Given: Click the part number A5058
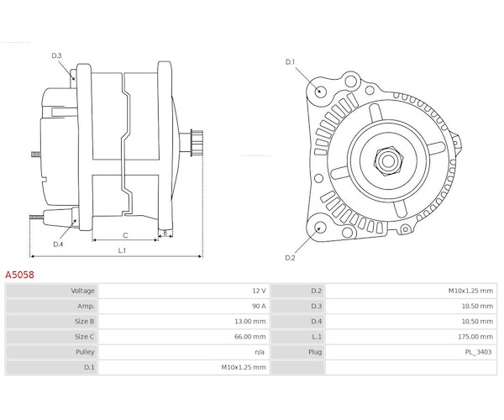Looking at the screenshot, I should point(20,275).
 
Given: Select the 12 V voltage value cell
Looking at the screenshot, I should point(258,291).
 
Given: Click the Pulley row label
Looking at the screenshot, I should point(83,351).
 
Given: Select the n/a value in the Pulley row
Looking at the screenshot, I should point(260,351).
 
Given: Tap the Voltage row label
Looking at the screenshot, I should point(81,291).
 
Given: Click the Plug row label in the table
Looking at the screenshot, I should point(315,351).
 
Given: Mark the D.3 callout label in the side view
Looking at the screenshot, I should point(57,55).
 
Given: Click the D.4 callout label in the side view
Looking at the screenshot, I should point(58,244).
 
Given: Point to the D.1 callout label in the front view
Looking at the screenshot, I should point(291,62).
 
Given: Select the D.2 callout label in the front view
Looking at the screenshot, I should point(291,257).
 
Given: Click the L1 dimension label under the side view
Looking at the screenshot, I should point(122,249).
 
